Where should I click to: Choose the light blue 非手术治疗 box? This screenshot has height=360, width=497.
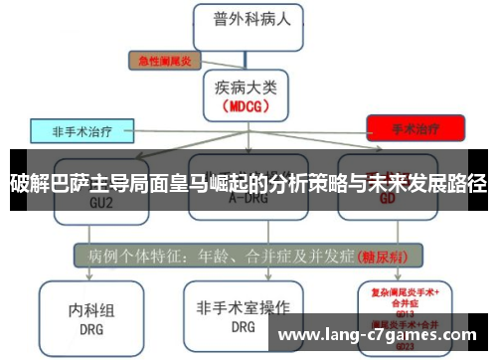point(83,129)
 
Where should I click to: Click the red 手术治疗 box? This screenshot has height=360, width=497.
point(415,127)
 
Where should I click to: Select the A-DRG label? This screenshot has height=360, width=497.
point(246,198)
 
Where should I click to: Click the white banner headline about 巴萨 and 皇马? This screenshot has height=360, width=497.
point(248,181)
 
